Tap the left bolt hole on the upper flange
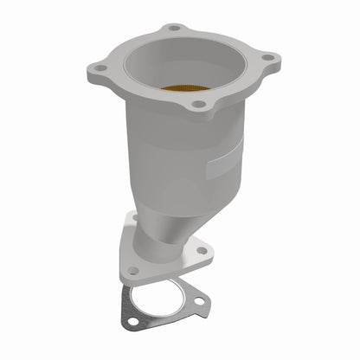pos(101,67)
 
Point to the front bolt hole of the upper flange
pos(200,104)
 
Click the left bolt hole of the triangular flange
pos(132,270)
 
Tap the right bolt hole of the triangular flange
pos(202,251)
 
